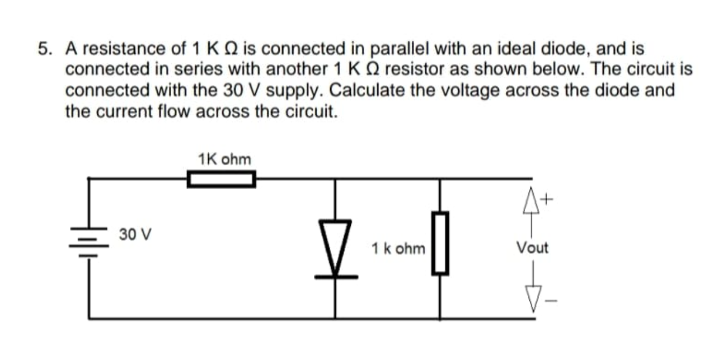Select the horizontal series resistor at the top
tap(221, 180)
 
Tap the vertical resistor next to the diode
tap(440, 243)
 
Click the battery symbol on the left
tap(88, 242)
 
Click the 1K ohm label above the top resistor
tap(224, 160)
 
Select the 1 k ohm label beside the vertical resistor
tap(398, 248)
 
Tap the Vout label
tap(532, 247)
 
